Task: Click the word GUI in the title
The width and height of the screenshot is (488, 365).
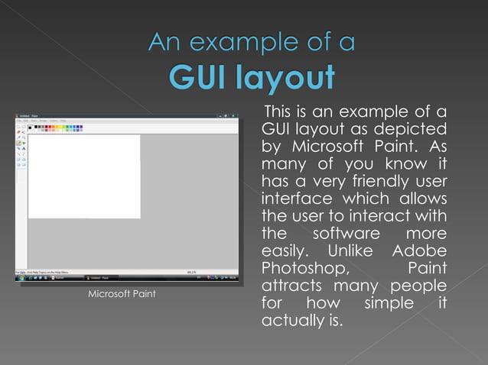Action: coord(201,76)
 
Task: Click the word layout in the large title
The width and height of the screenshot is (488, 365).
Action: coord(288,78)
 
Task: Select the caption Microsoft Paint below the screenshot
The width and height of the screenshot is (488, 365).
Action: coord(122,294)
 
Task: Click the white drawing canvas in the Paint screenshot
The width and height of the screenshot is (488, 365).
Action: coord(84,176)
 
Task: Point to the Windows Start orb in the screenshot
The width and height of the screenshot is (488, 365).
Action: coord(19,277)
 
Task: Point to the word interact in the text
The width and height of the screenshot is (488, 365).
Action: coord(382,216)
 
